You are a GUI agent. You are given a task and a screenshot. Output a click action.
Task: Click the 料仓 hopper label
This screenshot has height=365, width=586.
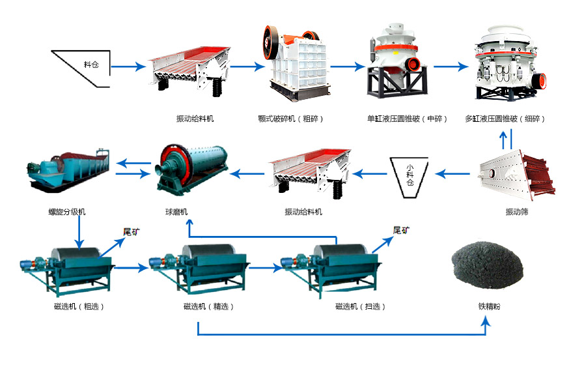[91, 65]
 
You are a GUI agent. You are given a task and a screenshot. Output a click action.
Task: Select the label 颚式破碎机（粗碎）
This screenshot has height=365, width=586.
[290, 119]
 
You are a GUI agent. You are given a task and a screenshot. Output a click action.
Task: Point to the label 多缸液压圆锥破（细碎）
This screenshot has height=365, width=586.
[505, 119]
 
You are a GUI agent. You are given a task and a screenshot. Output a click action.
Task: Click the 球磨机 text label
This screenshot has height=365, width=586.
[176, 212]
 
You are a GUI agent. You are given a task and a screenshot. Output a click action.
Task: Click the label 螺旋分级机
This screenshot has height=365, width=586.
[66, 212]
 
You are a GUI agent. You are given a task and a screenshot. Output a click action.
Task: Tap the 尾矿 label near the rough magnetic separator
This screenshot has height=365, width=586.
[133, 231]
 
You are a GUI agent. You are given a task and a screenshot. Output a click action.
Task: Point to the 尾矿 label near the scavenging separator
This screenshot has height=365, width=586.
[402, 230]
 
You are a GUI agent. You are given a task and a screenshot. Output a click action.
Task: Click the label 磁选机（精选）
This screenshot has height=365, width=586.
[208, 306]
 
